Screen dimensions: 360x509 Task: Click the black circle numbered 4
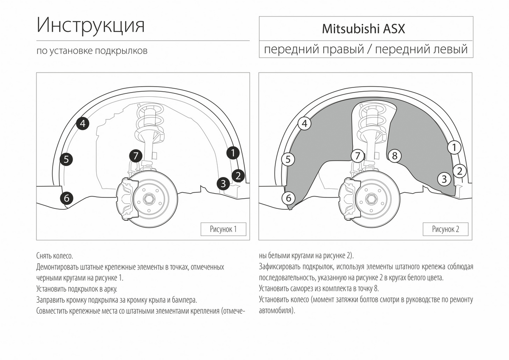pyautogui.click(x=83, y=124)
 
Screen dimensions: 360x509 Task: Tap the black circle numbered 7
pyautogui.click(x=135, y=156)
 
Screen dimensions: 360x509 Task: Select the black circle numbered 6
pyautogui.click(x=67, y=197)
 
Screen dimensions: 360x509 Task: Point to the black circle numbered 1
pyautogui.click(x=233, y=153)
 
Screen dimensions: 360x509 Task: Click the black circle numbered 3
pyautogui.click(x=223, y=184)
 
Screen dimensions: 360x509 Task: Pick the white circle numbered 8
pyautogui.click(x=394, y=156)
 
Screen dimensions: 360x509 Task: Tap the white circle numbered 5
pyautogui.click(x=288, y=160)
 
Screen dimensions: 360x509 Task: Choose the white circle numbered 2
pyautogui.click(x=459, y=171)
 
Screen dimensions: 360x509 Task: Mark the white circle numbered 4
pyautogui.click(x=305, y=124)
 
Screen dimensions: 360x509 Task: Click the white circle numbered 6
pyautogui.click(x=288, y=198)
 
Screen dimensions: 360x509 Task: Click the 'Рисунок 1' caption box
pyautogui.click(x=223, y=230)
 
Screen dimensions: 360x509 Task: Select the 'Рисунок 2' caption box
pyautogui.click(x=445, y=230)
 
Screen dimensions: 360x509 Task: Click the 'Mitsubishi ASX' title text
pyautogui.click(x=364, y=29)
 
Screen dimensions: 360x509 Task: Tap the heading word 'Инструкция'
pyautogui.click(x=91, y=25)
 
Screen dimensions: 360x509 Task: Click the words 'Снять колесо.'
pyautogui.click(x=55, y=256)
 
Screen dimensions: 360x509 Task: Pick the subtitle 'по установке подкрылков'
pyautogui.click(x=92, y=51)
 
